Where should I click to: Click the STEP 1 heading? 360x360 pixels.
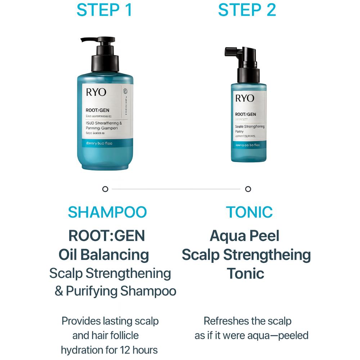click(x=104, y=10)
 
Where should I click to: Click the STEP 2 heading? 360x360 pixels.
click(x=247, y=10)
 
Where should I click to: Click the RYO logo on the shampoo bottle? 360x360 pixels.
click(x=96, y=92)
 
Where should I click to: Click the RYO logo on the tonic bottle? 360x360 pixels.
click(x=245, y=98)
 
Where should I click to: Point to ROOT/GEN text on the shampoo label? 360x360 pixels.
click(x=98, y=111)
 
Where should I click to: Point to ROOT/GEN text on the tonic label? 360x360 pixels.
click(x=246, y=114)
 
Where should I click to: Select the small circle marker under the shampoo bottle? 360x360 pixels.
click(x=105, y=189)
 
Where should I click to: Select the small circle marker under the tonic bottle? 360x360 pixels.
click(x=248, y=189)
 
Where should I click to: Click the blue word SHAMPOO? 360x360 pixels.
click(x=107, y=212)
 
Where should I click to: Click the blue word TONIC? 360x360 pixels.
click(x=249, y=212)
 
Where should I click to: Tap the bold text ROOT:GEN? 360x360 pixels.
click(x=107, y=236)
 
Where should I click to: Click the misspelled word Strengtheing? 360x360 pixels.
click(x=267, y=255)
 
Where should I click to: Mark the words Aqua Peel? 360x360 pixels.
click(x=244, y=236)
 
